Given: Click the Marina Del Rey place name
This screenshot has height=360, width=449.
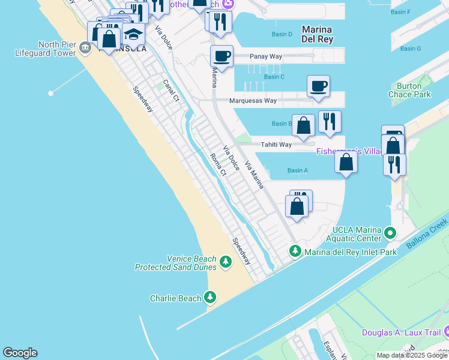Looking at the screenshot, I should click(x=317, y=34).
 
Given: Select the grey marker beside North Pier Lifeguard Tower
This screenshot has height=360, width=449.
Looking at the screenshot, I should click(x=86, y=48).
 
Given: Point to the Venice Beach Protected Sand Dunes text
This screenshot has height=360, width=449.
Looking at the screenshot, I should click(x=175, y=263).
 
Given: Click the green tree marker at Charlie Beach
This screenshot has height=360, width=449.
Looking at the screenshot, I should click(x=210, y=297).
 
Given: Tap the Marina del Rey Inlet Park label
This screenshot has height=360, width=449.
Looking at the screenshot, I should click(x=351, y=252).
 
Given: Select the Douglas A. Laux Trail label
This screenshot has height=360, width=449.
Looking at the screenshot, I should click(x=400, y=332).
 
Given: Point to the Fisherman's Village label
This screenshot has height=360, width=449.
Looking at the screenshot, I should click(x=349, y=151).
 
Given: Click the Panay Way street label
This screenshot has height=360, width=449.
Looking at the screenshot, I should click(x=267, y=56).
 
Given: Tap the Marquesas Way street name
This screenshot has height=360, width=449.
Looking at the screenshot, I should click(x=253, y=101).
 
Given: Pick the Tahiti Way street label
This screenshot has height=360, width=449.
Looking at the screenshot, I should click(x=276, y=145).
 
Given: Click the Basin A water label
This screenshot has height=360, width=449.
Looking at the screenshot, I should click(x=297, y=170).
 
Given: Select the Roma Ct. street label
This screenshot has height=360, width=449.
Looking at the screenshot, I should click(x=217, y=164).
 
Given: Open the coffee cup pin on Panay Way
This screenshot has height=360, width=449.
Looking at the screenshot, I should click(x=221, y=57).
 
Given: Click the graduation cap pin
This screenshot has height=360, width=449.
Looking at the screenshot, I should click(x=134, y=35).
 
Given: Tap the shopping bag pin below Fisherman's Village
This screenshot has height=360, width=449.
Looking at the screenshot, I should click(x=346, y=162).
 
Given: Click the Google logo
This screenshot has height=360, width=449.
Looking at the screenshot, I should click(x=20, y=353).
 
